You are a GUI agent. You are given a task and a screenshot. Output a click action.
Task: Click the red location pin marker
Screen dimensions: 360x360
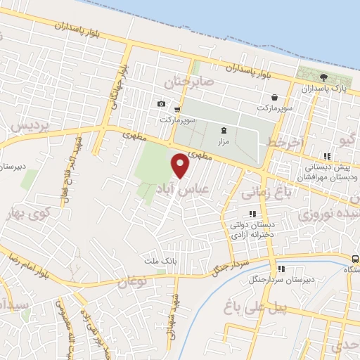[x=181, y=165]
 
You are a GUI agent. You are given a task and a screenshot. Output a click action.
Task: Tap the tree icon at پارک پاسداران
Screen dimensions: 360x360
[x=323, y=77]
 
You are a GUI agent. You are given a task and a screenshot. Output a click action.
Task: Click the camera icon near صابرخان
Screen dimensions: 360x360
[x=161, y=104]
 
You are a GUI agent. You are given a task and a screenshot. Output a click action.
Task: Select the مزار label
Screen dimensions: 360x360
[x=224, y=141]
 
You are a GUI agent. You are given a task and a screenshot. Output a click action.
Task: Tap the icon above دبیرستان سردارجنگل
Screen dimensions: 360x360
[x=281, y=269]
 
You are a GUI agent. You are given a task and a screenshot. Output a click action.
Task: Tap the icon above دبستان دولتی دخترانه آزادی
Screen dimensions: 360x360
[x=252, y=214]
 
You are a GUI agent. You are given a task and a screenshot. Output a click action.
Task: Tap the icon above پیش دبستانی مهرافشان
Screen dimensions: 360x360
[x=326, y=156]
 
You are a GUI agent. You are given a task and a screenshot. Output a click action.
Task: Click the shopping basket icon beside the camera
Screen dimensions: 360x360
[x=176, y=109]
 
